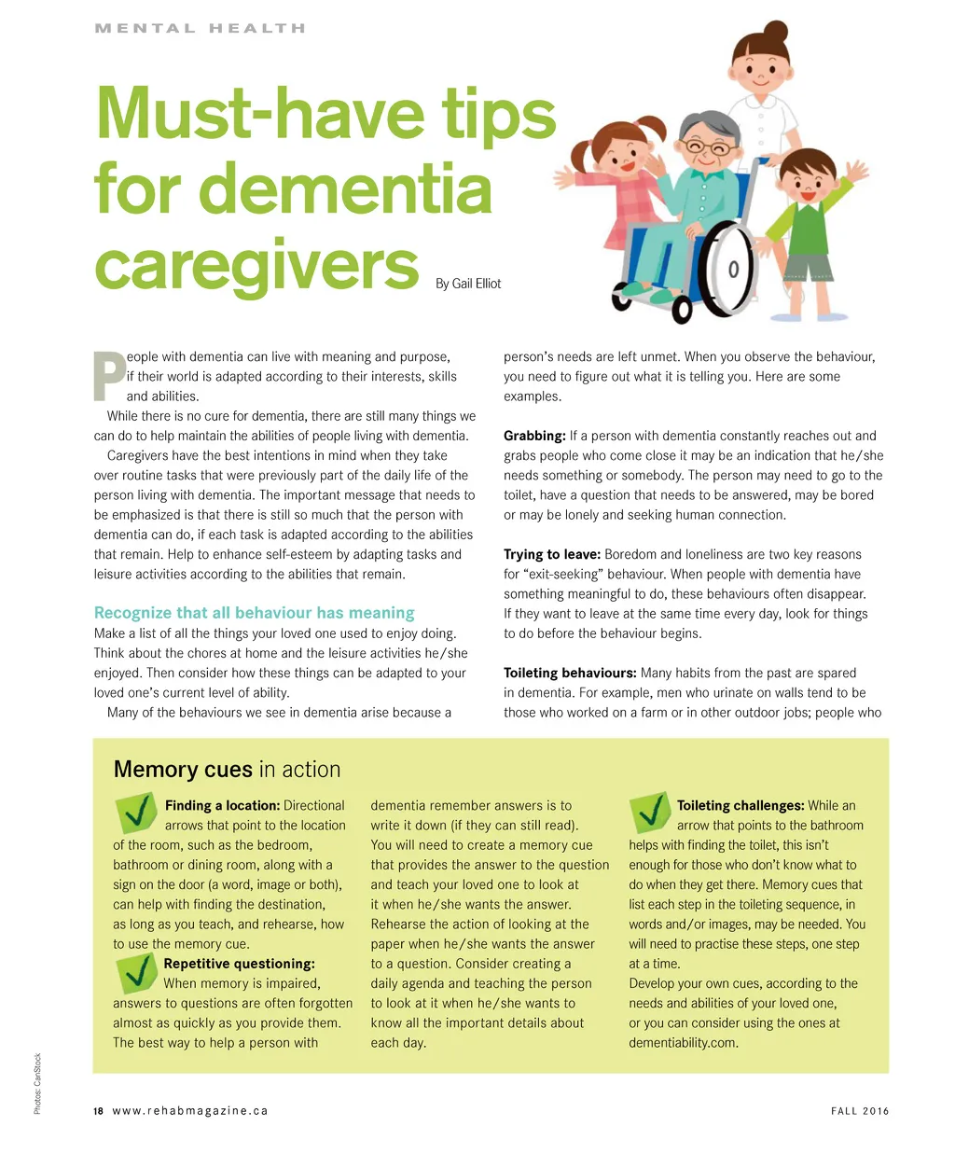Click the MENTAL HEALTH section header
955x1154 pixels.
click(200, 28)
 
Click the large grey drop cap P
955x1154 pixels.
click(110, 377)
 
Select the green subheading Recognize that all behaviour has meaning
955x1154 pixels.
click(254, 613)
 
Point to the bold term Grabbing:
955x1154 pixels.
click(534, 436)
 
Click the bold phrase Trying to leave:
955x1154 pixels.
click(551, 554)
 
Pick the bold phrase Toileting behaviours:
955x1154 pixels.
click(570, 673)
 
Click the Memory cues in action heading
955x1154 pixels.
click(227, 770)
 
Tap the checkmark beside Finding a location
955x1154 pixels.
click(136, 812)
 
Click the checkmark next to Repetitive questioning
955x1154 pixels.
click(136, 973)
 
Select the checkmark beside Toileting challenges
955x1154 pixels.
click(650, 812)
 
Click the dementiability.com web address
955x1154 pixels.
click(683, 1043)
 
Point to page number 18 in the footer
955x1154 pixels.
click(98, 1111)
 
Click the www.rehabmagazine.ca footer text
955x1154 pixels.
click(190, 1111)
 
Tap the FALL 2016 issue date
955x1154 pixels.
click(860, 1111)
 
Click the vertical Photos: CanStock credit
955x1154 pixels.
click(37, 1083)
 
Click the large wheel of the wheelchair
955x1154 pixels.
click(728, 269)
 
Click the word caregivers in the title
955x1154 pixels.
click(256, 266)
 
